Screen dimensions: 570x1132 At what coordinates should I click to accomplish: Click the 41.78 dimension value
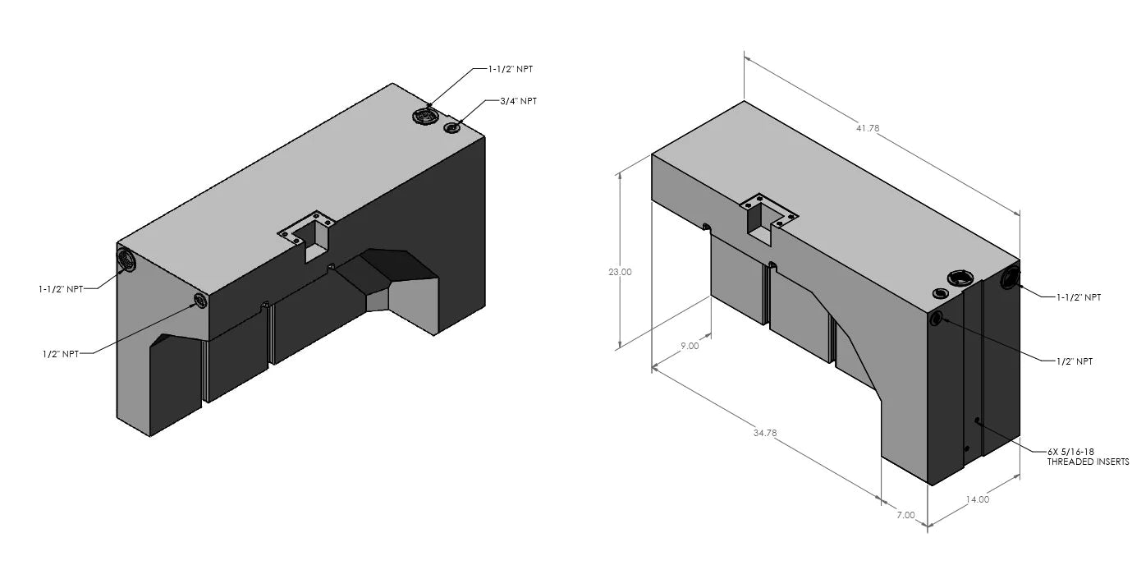(869, 128)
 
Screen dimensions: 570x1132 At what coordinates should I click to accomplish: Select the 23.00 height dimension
(620, 272)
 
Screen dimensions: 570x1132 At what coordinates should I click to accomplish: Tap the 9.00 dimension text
(690, 346)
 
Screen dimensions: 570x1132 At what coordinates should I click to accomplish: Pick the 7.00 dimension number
(905, 515)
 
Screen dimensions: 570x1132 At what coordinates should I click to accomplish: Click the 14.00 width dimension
(978, 499)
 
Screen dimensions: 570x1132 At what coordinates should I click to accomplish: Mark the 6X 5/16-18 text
(1070, 452)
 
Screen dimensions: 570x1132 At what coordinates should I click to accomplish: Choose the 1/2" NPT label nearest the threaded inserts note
(1074, 361)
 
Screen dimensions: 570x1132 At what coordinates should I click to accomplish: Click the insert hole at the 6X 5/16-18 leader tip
(977, 421)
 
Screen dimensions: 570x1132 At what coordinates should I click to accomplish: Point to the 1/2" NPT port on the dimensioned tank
(936, 319)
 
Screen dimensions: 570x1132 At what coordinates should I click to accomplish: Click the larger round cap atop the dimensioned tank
(960, 278)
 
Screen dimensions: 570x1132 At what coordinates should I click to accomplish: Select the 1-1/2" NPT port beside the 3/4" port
(425, 117)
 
